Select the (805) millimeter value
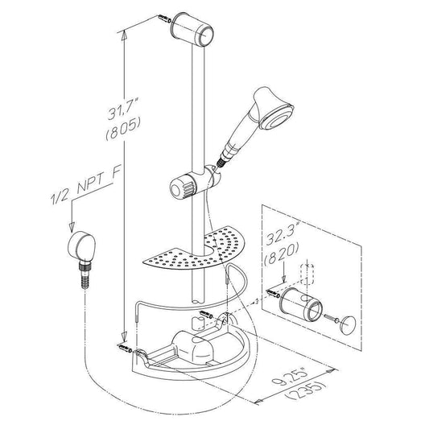pos(123,128)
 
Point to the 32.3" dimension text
pos(282,233)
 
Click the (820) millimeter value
pos(281,254)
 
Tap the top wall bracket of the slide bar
pos(192,29)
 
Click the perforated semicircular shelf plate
pos(194,249)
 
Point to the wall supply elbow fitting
pos(81,246)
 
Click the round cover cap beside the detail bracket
pos(348,324)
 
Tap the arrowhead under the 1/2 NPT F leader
pos(72,226)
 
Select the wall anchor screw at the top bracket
pos(164,19)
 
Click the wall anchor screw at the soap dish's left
pos(125,349)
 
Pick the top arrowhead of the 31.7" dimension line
pos(124,35)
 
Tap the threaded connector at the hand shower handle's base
pos(221,162)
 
